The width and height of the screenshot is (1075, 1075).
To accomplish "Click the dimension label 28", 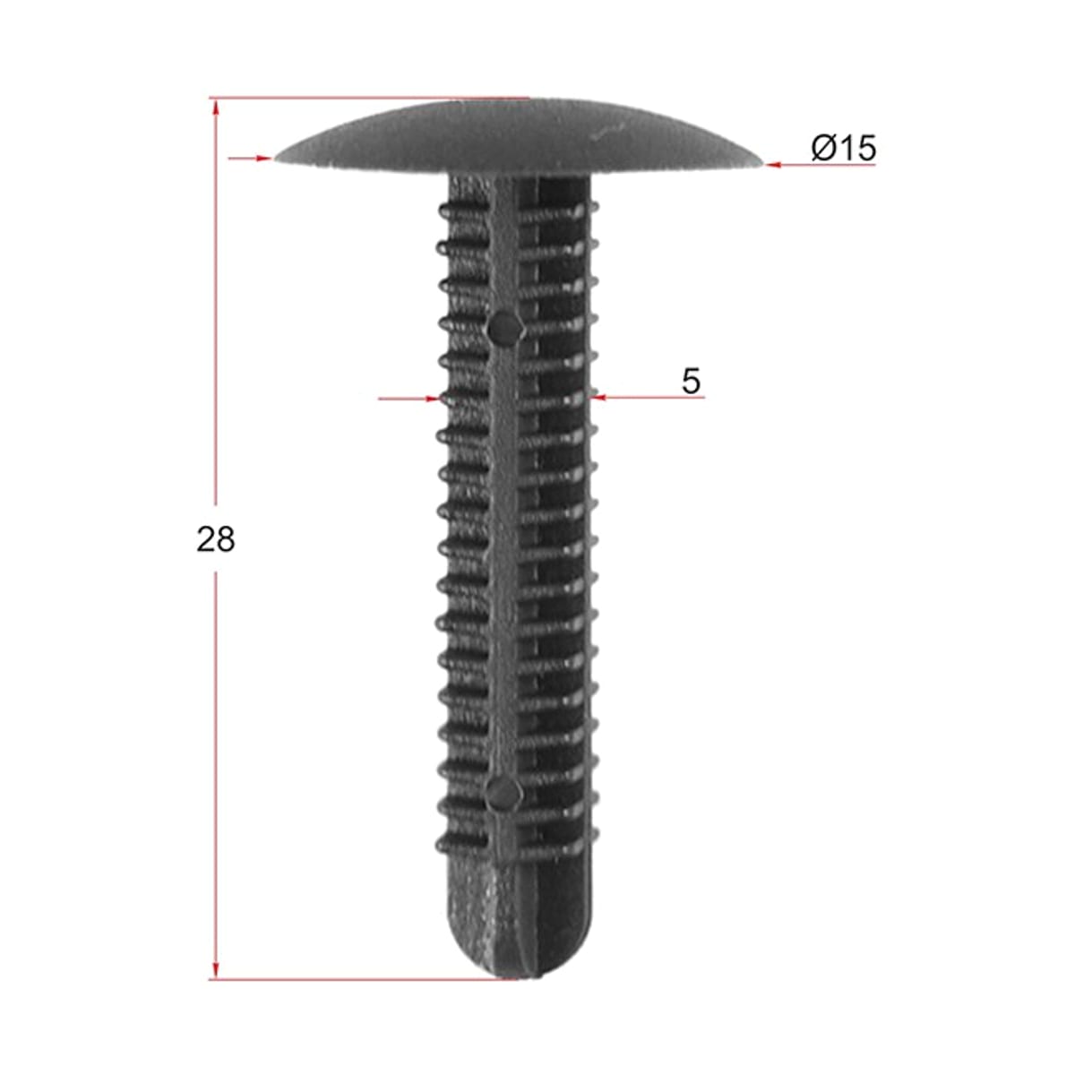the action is click(215, 539).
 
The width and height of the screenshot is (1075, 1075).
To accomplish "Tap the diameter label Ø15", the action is click(844, 148).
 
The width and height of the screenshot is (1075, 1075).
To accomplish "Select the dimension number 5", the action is click(691, 382).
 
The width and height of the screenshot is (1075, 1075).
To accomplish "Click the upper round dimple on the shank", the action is click(505, 328).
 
